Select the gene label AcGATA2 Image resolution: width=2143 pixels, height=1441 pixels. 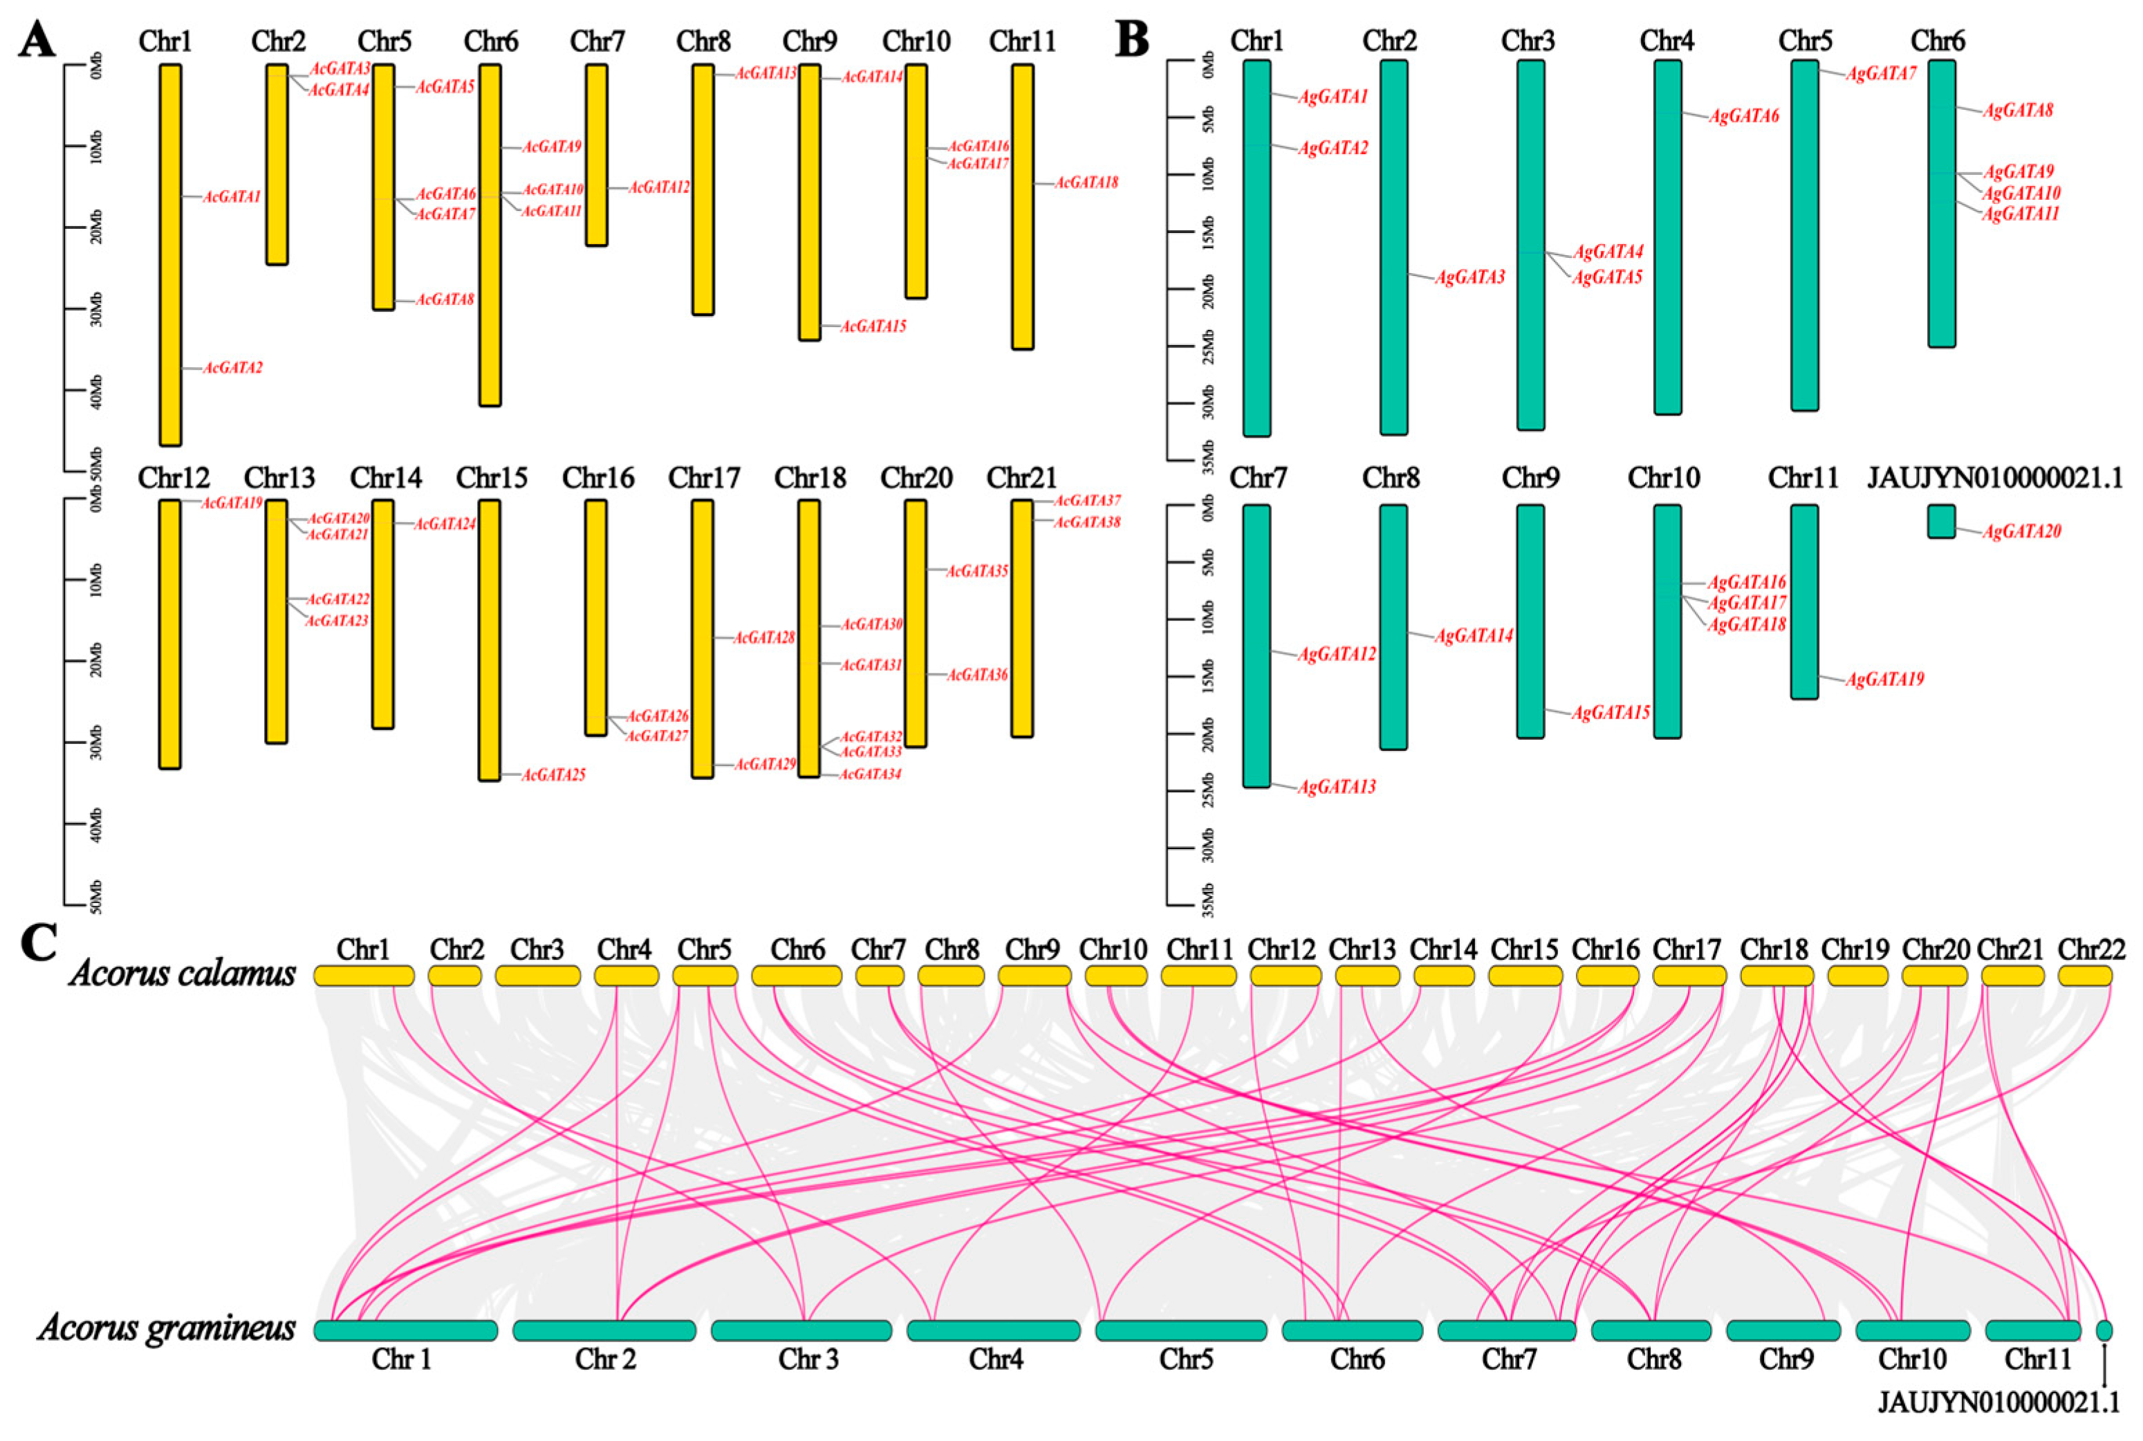[x=232, y=368]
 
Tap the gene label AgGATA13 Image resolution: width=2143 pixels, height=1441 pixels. [x=1336, y=788]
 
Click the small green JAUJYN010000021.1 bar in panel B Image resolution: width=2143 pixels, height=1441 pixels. [x=1941, y=521]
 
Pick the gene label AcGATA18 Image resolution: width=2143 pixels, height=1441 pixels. [x=1086, y=183]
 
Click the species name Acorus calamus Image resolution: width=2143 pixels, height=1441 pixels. [x=182, y=973]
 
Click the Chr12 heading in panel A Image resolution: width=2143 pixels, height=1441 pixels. [x=174, y=478]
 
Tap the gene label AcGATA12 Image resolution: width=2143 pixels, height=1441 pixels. [x=659, y=187]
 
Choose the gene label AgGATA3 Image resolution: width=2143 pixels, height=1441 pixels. [x=1470, y=277]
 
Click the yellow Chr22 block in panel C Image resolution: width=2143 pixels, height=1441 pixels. [x=2084, y=976]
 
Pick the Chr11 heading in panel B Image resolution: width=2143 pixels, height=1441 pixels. [x=1803, y=478]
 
